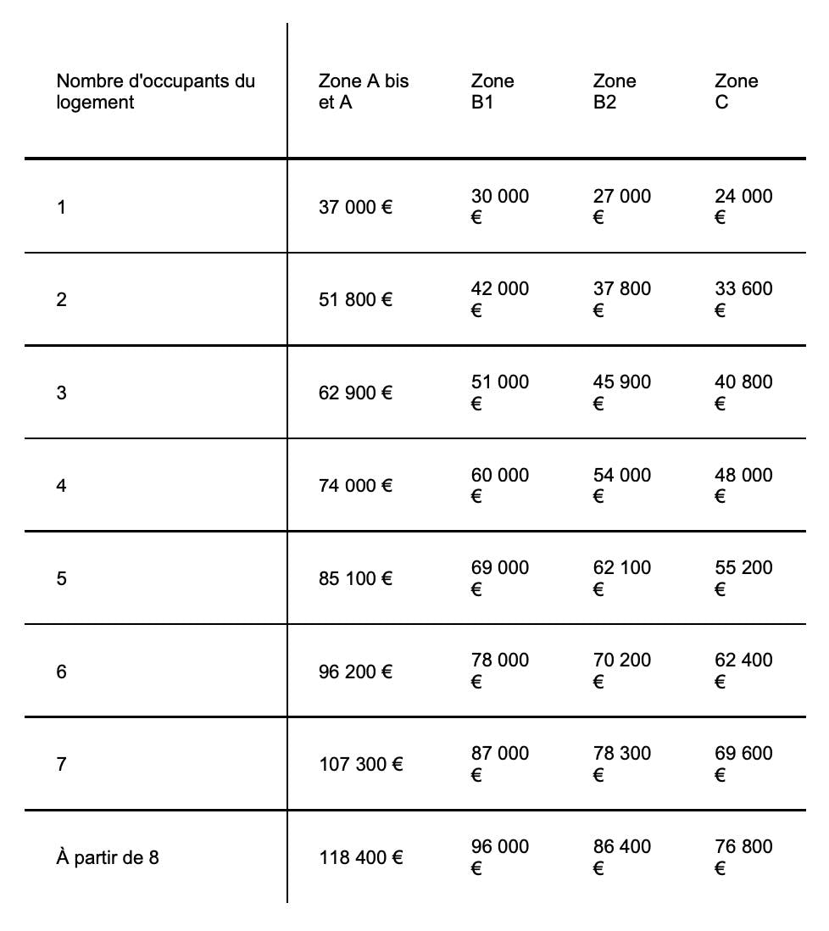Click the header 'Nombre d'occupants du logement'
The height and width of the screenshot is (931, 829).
coord(155,92)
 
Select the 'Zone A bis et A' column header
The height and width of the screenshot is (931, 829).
coord(363,92)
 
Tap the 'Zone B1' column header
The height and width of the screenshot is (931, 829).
coord(492,92)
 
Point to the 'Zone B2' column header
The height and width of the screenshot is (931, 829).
coord(615,92)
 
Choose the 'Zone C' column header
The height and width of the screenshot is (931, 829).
coord(736,92)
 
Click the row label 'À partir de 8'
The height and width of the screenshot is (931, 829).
coord(108,857)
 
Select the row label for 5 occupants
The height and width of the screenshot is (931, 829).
coord(61,578)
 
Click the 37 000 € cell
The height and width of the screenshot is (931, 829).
coord(355,207)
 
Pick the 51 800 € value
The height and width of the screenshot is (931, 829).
coord(355,299)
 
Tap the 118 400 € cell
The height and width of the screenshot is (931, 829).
coord(360,857)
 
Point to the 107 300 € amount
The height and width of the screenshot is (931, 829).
coord(360,764)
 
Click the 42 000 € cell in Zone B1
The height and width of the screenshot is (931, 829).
coord(499,298)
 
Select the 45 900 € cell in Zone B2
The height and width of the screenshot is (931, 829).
coord(621,392)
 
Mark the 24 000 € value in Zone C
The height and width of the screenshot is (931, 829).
coord(743,206)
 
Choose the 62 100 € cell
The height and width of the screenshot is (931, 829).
coord(621,577)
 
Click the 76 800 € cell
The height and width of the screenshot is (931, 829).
coord(743,856)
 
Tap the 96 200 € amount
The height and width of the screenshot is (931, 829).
coord(355,672)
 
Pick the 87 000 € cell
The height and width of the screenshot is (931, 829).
coord(499,763)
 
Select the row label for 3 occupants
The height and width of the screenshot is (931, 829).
coord(61,393)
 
